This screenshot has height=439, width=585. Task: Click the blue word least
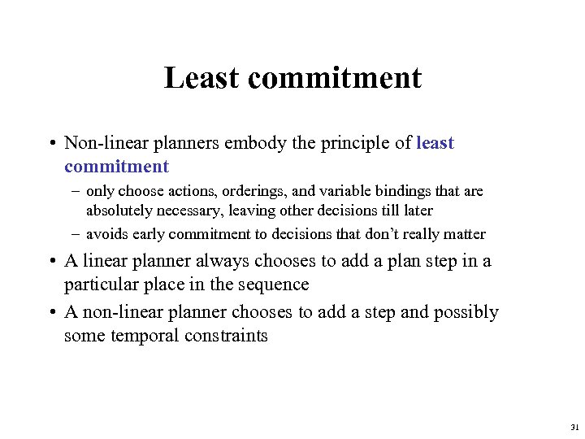pyautogui.click(x=435, y=144)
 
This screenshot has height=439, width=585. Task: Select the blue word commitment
pyautogui.click(x=116, y=167)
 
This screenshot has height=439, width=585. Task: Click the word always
pyautogui.click(x=222, y=262)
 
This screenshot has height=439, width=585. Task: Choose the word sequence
pyautogui.click(x=275, y=285)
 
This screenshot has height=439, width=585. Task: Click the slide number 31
pyautogui.click(x=574, y=426)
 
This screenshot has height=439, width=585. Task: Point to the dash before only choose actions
pyautogui.click(x=74, y=192)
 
